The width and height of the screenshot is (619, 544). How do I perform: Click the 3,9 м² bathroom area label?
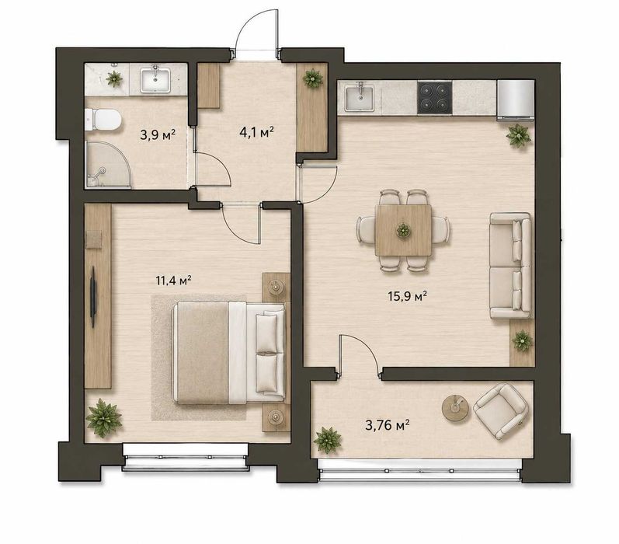158,135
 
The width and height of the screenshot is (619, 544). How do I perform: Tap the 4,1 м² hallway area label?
256,131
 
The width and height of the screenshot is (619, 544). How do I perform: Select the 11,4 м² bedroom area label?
174,281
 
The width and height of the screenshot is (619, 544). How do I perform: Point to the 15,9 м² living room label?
407,295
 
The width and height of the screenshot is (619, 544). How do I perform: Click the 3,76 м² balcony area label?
387,425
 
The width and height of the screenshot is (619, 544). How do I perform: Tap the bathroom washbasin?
155,80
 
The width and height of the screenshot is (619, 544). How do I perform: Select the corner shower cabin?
109,164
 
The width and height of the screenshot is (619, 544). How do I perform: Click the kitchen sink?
359,99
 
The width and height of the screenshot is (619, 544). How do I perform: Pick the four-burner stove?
435,97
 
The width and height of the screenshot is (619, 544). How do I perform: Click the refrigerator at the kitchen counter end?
516,100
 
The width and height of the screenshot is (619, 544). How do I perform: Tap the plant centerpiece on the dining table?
403,230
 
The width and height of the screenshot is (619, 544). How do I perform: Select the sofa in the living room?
510,266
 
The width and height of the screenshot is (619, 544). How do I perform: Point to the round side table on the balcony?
455,408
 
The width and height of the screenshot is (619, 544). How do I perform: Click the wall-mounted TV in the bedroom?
93,297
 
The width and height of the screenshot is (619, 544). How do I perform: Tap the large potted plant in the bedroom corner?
104,418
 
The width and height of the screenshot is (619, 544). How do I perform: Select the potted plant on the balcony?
327,440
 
